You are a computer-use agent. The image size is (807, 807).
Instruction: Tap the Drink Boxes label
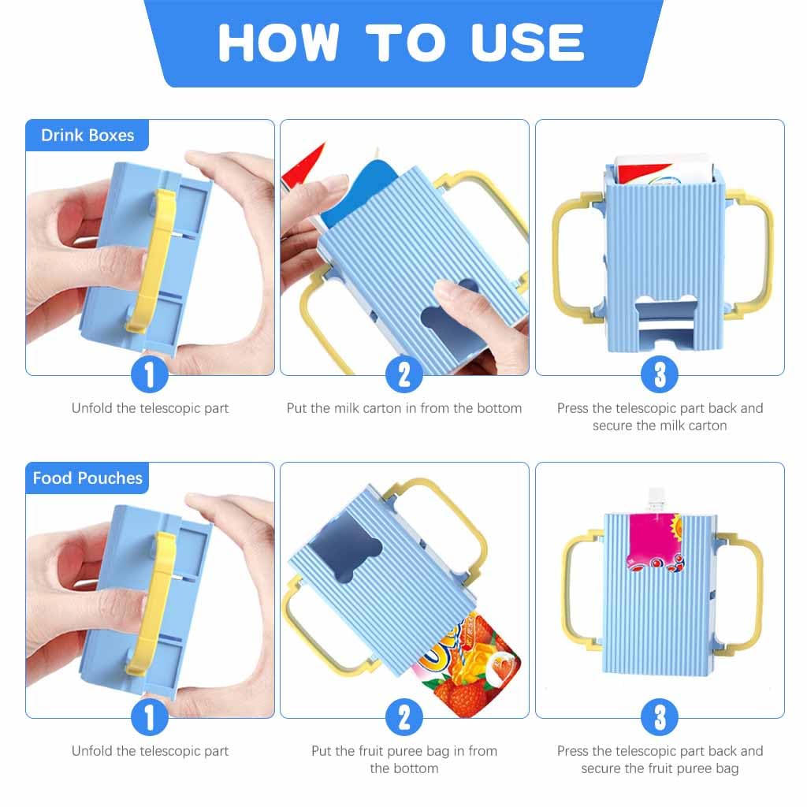[87, 135]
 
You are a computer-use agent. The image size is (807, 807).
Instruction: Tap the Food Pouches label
[87, 478]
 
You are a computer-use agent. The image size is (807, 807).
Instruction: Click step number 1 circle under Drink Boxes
[149, 374]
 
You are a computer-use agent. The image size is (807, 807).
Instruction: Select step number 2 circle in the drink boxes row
[404, 374]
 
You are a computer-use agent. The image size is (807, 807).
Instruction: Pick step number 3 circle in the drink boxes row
[660, 374]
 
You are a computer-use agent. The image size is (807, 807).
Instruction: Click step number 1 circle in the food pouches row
[149, 717]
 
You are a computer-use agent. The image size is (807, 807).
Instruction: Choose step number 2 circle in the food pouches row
[404, 717]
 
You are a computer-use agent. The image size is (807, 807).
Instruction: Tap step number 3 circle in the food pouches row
[660, 717]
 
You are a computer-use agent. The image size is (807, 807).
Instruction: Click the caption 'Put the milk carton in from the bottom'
[404, 408]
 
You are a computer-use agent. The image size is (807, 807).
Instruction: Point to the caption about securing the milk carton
[660, 417]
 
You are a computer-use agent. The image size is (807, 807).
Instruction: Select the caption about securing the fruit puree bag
[660, 760]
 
